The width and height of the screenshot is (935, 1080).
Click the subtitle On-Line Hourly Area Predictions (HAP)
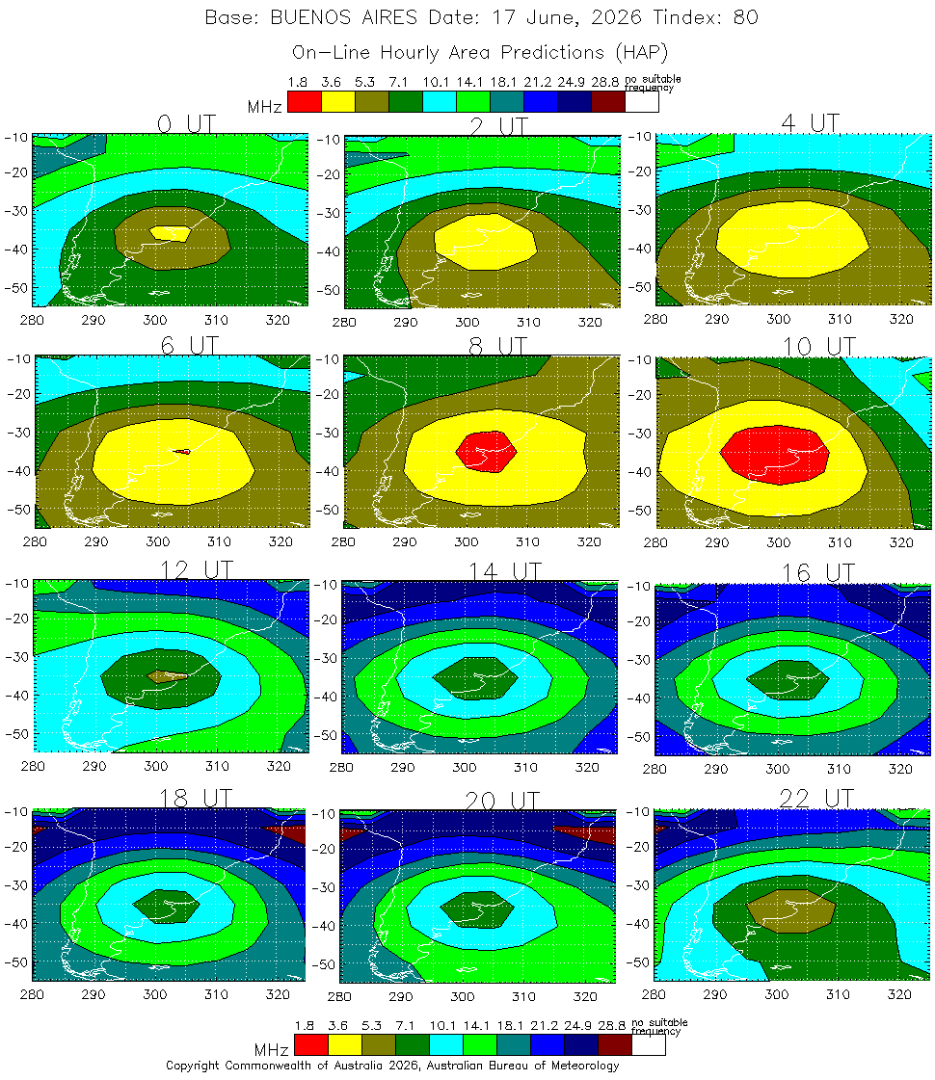pos(480,51)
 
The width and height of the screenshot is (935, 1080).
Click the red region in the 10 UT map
pos(775,454)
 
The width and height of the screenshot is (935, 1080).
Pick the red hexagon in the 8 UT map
pos(486,450)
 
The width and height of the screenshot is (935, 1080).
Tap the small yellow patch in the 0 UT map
pos(173,233)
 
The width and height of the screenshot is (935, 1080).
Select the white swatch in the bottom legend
pos(649,1044)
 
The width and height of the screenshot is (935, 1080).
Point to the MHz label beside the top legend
pos(265,107)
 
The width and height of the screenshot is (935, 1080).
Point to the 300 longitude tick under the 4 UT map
pos(773,318)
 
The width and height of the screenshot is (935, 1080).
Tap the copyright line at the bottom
pos(391,1066)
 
